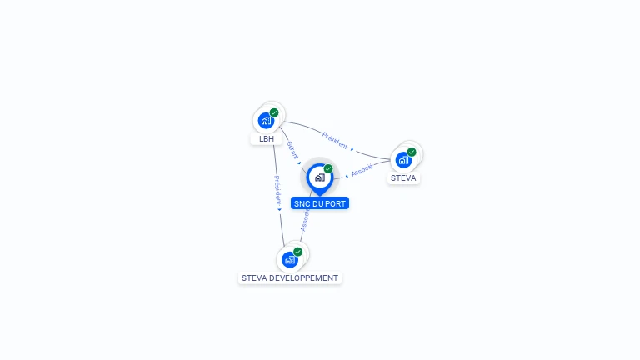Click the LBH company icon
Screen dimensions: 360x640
click(x=266, y=120)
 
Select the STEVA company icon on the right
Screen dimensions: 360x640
click(x=404, y=159)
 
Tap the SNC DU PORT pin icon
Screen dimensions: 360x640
click(x=319, y=177)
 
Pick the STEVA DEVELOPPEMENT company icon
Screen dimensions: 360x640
click(x=290, y=259)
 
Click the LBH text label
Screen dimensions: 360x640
click(x=267, y=138)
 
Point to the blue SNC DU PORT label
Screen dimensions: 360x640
click(x=320, y=203)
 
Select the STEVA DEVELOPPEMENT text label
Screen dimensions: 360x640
click(x=290, y=277)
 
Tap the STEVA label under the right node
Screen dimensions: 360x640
click(x=403, y=178)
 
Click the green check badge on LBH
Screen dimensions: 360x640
click(x=274, y=112)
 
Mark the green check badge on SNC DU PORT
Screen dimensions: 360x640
click(x=328, y=169)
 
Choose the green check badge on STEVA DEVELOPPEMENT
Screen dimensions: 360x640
click(x=297, y=252)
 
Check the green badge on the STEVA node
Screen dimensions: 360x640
click(x=412, y=152)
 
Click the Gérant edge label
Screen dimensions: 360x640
click(x=292, y=150)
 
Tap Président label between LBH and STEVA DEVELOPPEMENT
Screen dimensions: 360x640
click(x=276, y=190)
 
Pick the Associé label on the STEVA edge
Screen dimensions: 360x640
click(x=362, y=170)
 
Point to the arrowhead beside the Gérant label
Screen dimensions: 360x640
click(x=299, y=163)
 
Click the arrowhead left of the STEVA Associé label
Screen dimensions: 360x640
click(x=347, y=176)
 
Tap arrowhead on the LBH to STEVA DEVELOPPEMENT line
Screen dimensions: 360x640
click(x=279, y=208)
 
